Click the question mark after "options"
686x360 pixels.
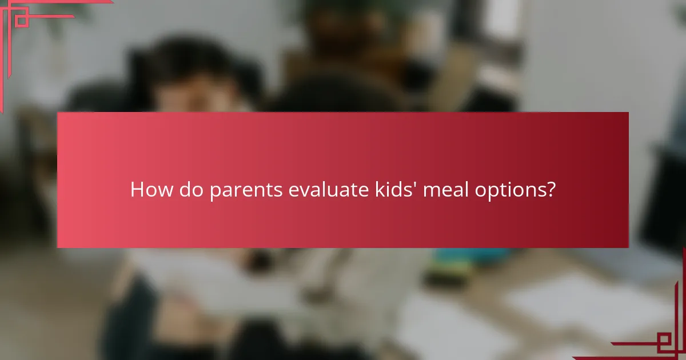pyautogui.click(x=550, y=190)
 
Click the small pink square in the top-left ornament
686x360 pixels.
pyautogui.click(x=22, y=20)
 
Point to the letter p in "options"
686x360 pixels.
pyautogui.click(x=490, y=193)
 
